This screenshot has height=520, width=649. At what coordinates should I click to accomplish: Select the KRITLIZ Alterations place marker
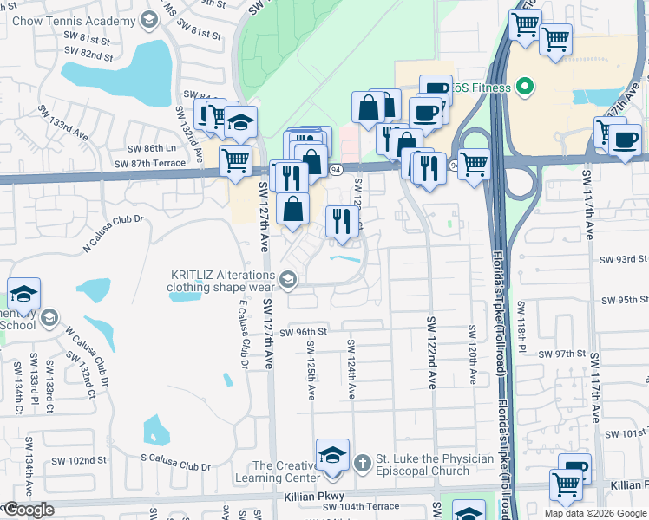(288, 278)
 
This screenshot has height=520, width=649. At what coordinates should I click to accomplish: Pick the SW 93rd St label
(625, 258)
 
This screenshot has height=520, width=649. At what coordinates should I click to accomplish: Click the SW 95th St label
(625, 300)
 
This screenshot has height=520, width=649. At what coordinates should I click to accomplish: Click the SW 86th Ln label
(151, 148)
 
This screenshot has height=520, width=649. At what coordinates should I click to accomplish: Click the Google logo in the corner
(29, 510)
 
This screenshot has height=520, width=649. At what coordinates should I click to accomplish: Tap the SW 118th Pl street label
(521, 324)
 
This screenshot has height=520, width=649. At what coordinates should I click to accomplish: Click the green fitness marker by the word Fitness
(523, 87)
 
